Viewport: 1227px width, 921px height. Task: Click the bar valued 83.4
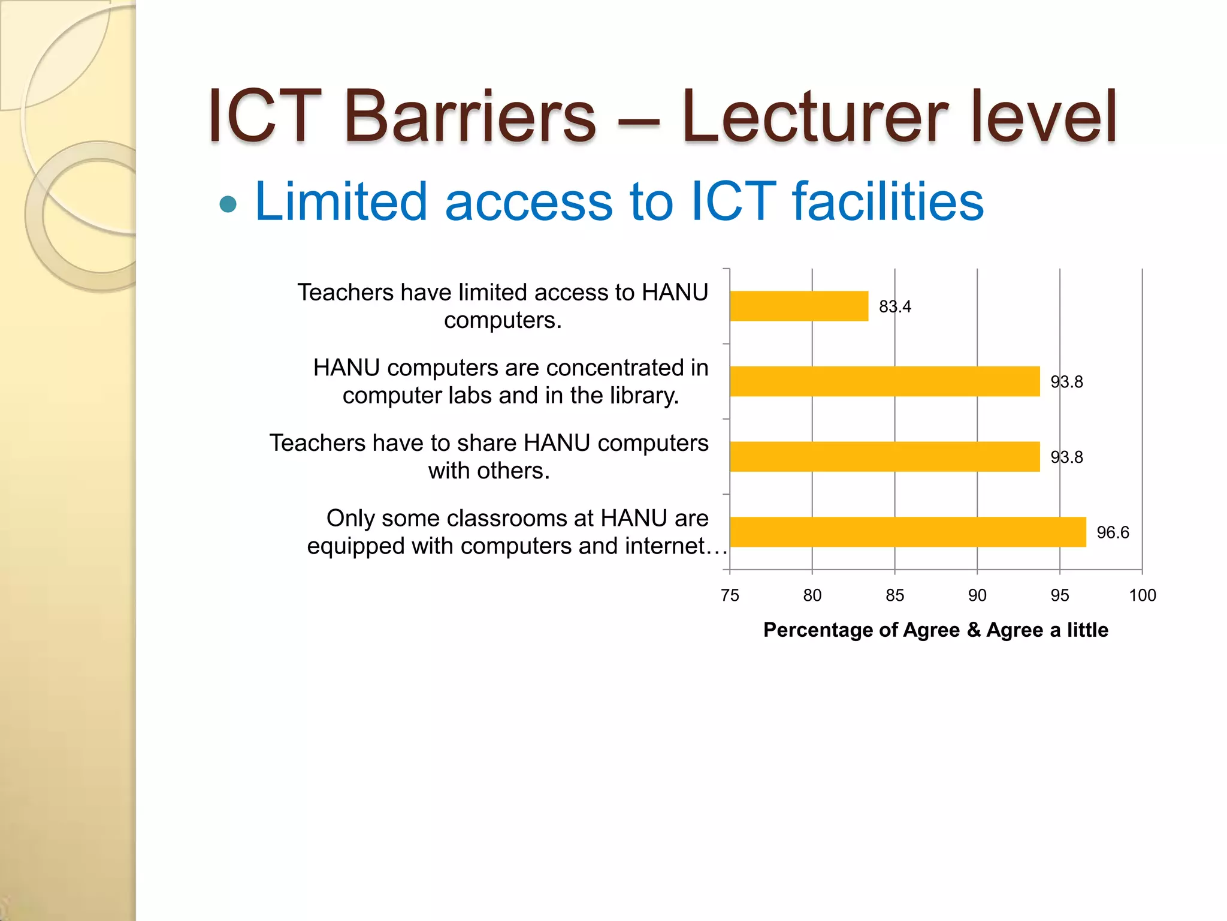click(x=799, y=306)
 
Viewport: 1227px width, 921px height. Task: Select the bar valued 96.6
click(x=908, y=532)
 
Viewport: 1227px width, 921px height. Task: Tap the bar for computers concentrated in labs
click(x=884, y=381)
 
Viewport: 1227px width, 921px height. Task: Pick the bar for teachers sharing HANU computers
click(x=884, y=457)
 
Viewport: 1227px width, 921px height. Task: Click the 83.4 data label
click(x=894, y=306)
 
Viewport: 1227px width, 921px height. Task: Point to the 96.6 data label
click(x=1113, y=532)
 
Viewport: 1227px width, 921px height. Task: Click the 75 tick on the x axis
click(x=730, y=595)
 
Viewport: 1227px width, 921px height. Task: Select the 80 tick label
click(x=812, y=595)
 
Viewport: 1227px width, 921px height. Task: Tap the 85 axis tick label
click(x=894, y=595)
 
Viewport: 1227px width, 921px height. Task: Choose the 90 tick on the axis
click(x=977, y=595)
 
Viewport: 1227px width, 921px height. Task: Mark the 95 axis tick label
click(x=1059, y=595)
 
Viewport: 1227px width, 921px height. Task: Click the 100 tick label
click(x=1142, y=595)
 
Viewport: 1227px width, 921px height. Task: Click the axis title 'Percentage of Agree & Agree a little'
click(x=935, y=630)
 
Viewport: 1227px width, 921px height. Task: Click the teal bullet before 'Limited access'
click(x=228, y=204)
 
